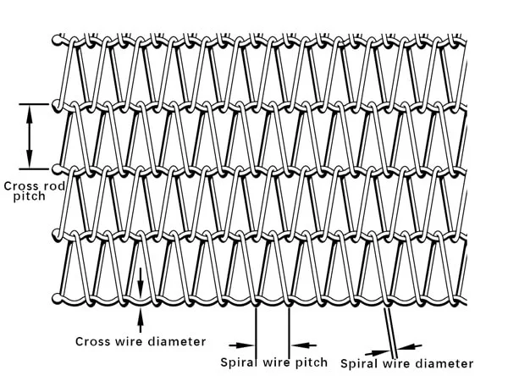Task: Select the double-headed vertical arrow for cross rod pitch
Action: coord(30,135)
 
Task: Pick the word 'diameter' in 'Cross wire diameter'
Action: coord(174,342)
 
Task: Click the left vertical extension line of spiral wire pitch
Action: coord(256,326)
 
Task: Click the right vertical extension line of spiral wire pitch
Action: coord(290,326)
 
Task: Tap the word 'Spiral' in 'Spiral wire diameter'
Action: coord(359,363)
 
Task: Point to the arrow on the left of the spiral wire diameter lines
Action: coord(378,349)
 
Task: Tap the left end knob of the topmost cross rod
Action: coord(57,39)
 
